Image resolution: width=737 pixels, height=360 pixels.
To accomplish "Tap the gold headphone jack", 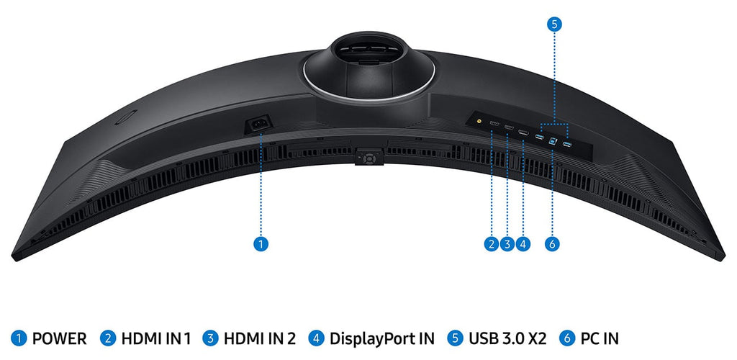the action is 479,120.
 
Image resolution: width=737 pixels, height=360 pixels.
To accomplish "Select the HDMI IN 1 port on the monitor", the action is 494,124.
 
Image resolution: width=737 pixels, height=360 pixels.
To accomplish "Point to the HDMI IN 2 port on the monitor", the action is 509,127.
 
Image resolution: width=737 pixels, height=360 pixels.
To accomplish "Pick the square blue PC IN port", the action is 553,140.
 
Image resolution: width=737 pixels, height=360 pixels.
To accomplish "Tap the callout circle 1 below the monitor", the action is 261,244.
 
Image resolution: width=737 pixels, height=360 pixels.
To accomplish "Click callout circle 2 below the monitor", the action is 491,244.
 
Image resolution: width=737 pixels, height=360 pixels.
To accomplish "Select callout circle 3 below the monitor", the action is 507,244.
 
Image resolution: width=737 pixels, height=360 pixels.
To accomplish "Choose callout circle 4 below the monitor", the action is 523,244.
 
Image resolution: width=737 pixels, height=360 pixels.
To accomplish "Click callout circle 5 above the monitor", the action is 554,24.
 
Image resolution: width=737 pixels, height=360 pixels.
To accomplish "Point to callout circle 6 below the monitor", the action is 552,244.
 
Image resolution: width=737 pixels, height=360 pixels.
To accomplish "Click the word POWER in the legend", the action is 59,338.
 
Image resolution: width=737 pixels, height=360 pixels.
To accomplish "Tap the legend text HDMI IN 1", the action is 156,338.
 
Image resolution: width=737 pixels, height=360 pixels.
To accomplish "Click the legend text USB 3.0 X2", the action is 507,338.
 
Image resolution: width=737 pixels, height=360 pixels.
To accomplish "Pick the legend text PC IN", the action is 600,338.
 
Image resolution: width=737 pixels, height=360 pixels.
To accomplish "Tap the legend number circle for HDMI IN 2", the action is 211,338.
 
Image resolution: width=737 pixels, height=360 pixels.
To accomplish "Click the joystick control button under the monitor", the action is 369,158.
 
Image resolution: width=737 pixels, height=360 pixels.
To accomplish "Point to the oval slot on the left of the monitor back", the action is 126,117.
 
